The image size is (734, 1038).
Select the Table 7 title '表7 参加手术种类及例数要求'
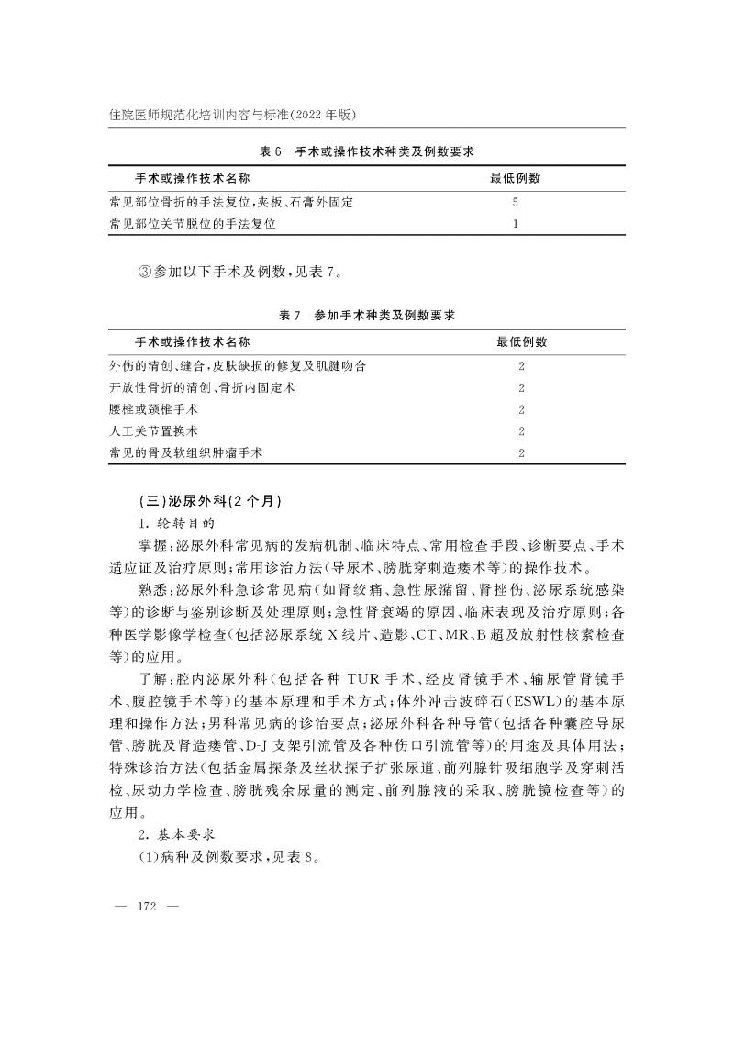pyautogui.click(x=367, y=316)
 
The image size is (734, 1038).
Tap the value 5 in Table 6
pyautogui.click(x=516, y=201)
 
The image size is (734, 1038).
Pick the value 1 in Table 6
pyautogui.click(x=516, y=223)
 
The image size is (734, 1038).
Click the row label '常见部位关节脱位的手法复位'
pyautogui.click(x=193, y=223)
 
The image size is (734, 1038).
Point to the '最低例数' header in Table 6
pyautogui.click(x=516, y=176)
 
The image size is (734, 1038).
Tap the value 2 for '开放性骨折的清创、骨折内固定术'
pyautogui.click(x=521, y=388)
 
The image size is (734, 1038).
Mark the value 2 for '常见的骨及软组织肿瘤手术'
pyautogui.click(x=521, y=453)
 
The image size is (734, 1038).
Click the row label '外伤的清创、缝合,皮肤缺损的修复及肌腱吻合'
pyautogui.click(x=238, y=366)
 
